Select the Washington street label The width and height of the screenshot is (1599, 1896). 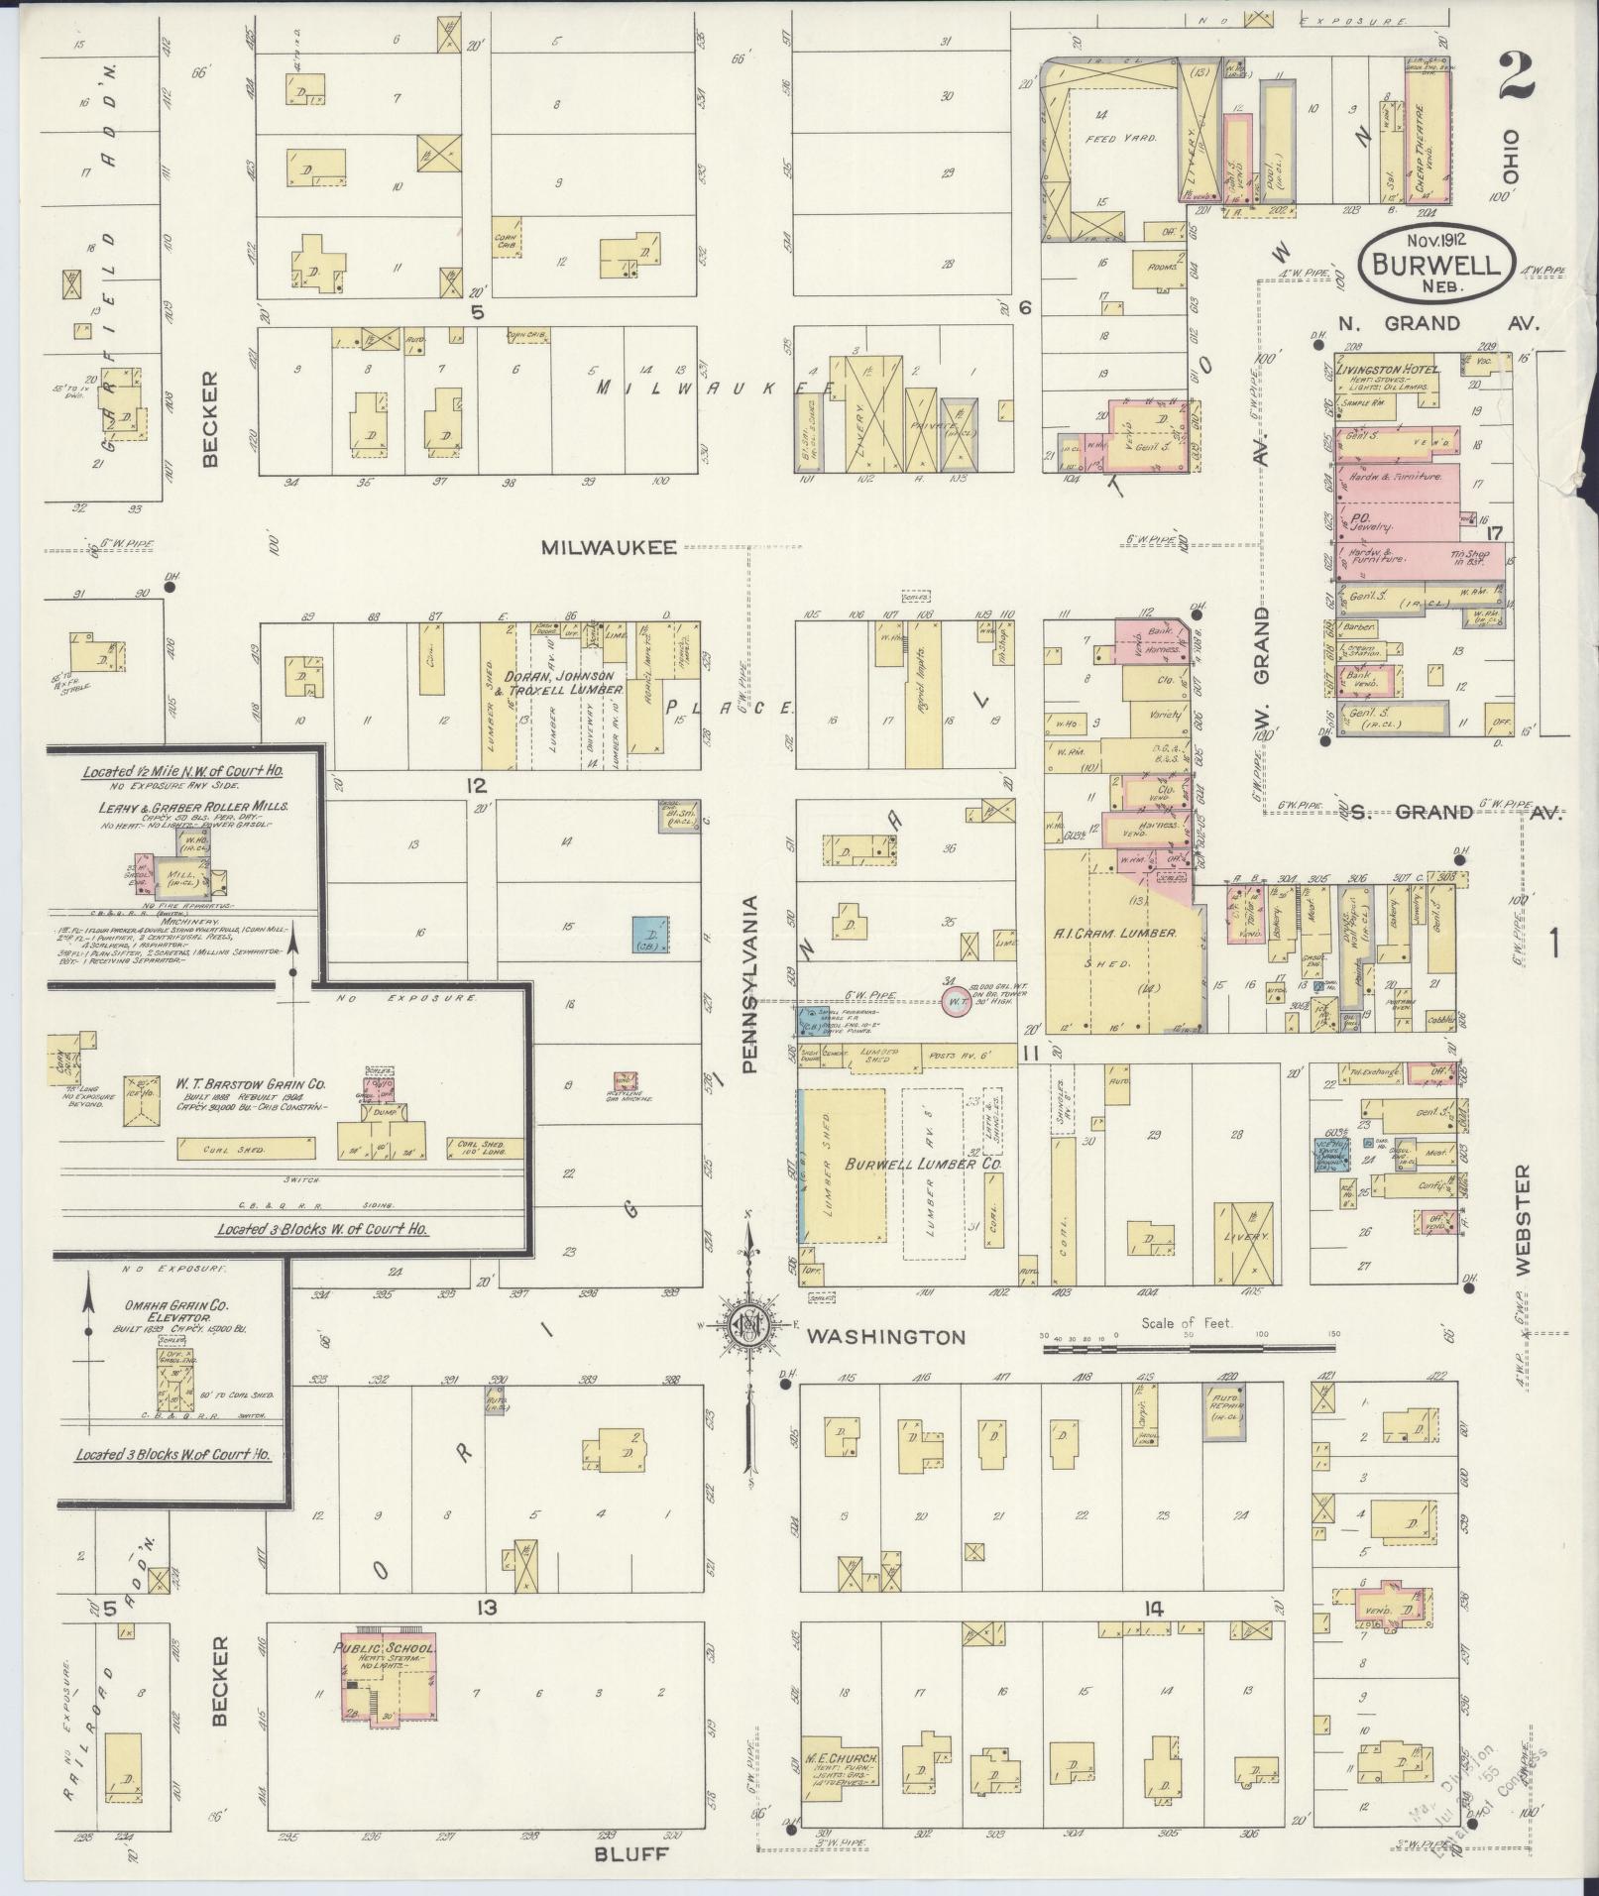pos(884,1337)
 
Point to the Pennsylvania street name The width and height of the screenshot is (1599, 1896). pos(750,985)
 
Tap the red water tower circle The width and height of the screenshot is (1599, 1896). pos(955,1002)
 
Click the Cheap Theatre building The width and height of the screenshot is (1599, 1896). pos(1427,130)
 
